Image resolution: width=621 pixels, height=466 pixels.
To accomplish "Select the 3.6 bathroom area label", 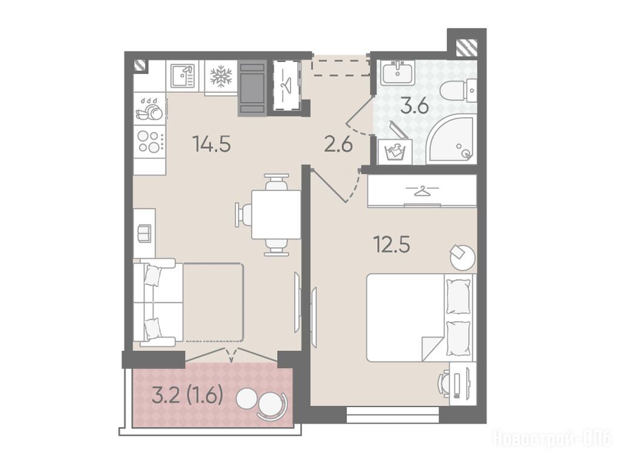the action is coord(414,106).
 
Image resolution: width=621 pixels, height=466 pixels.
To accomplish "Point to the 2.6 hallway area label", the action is coord(338,144).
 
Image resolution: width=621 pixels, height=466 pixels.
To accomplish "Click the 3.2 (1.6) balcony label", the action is coord(187,396).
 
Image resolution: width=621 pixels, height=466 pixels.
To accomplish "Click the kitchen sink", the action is coord(183,76).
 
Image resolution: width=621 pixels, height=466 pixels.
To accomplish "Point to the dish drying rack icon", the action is coord(149,109).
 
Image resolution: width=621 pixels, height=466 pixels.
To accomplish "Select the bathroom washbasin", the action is coord(397,73).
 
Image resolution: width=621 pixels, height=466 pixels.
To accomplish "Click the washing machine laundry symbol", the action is coord(394,152).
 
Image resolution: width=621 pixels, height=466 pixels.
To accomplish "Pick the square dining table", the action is coord(276,214).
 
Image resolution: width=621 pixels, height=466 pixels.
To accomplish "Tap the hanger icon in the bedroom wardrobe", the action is coord(423,191).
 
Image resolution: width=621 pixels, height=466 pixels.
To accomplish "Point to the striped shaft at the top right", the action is coord(466,47).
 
